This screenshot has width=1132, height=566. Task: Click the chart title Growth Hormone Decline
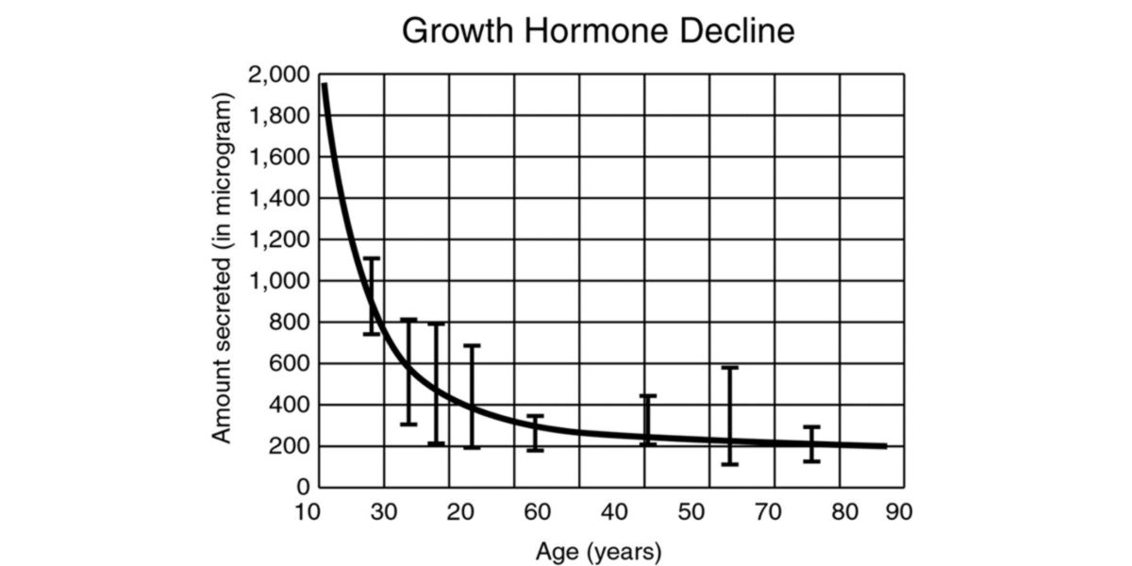click(x=598, y=31)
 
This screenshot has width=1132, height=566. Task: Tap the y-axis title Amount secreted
click(x=222, y=268)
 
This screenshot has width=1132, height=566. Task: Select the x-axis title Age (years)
click(x=598, y=550)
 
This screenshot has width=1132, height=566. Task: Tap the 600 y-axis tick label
click(x=289, y=363)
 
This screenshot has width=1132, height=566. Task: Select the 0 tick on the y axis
click(x=304, y=488)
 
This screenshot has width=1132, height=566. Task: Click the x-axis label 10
click(x=308, y=513)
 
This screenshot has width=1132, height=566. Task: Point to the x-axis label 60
click(x=537, y=513)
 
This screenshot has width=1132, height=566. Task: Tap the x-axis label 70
click(x=769, y=513)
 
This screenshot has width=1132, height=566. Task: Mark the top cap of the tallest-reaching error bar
click(x=372, y=258)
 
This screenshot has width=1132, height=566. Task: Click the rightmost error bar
click(x=810, y=443)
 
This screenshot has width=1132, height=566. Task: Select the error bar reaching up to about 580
click(x=729, y=415)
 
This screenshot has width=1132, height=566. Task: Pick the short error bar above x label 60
click(x=535, y=433)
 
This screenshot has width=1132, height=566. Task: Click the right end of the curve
click(x=885, y=446)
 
